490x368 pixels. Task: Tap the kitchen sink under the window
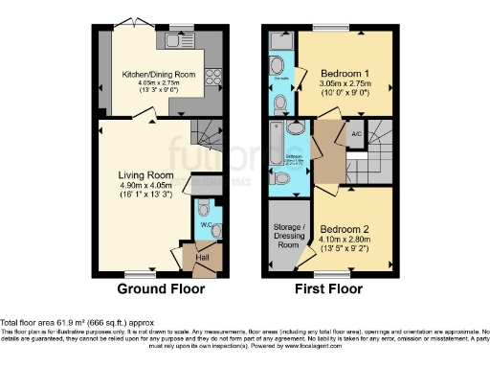tap(174, 41)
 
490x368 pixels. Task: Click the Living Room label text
tap(145, 175)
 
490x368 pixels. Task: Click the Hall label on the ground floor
tap(203, 256)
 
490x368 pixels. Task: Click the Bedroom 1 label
tap(344, 74)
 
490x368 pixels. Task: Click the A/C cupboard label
tap(356, 134)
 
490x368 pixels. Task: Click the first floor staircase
tap(383, 153)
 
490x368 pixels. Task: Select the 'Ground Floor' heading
tap(160, 288)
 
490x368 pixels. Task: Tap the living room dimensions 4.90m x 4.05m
tap(145, 187)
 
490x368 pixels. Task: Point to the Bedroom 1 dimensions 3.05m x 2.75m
tap(344, 85)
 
